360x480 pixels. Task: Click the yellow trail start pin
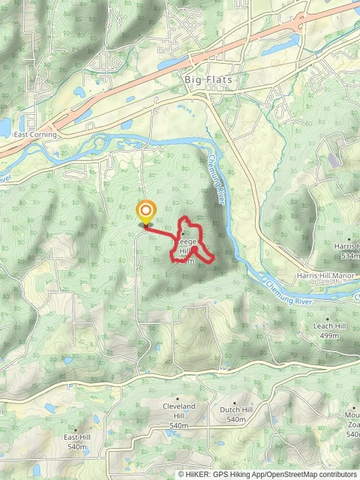(x=145, y=213)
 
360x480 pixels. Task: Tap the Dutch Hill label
(x=235, y=410)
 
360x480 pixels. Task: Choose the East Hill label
(x=77, y=437)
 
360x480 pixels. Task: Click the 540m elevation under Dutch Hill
(x=235, y=419)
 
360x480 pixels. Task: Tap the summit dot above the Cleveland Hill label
(x=178, y=399)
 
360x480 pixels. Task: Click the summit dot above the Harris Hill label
(x=347, y=238)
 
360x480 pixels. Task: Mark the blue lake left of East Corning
(x=4, y=127)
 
